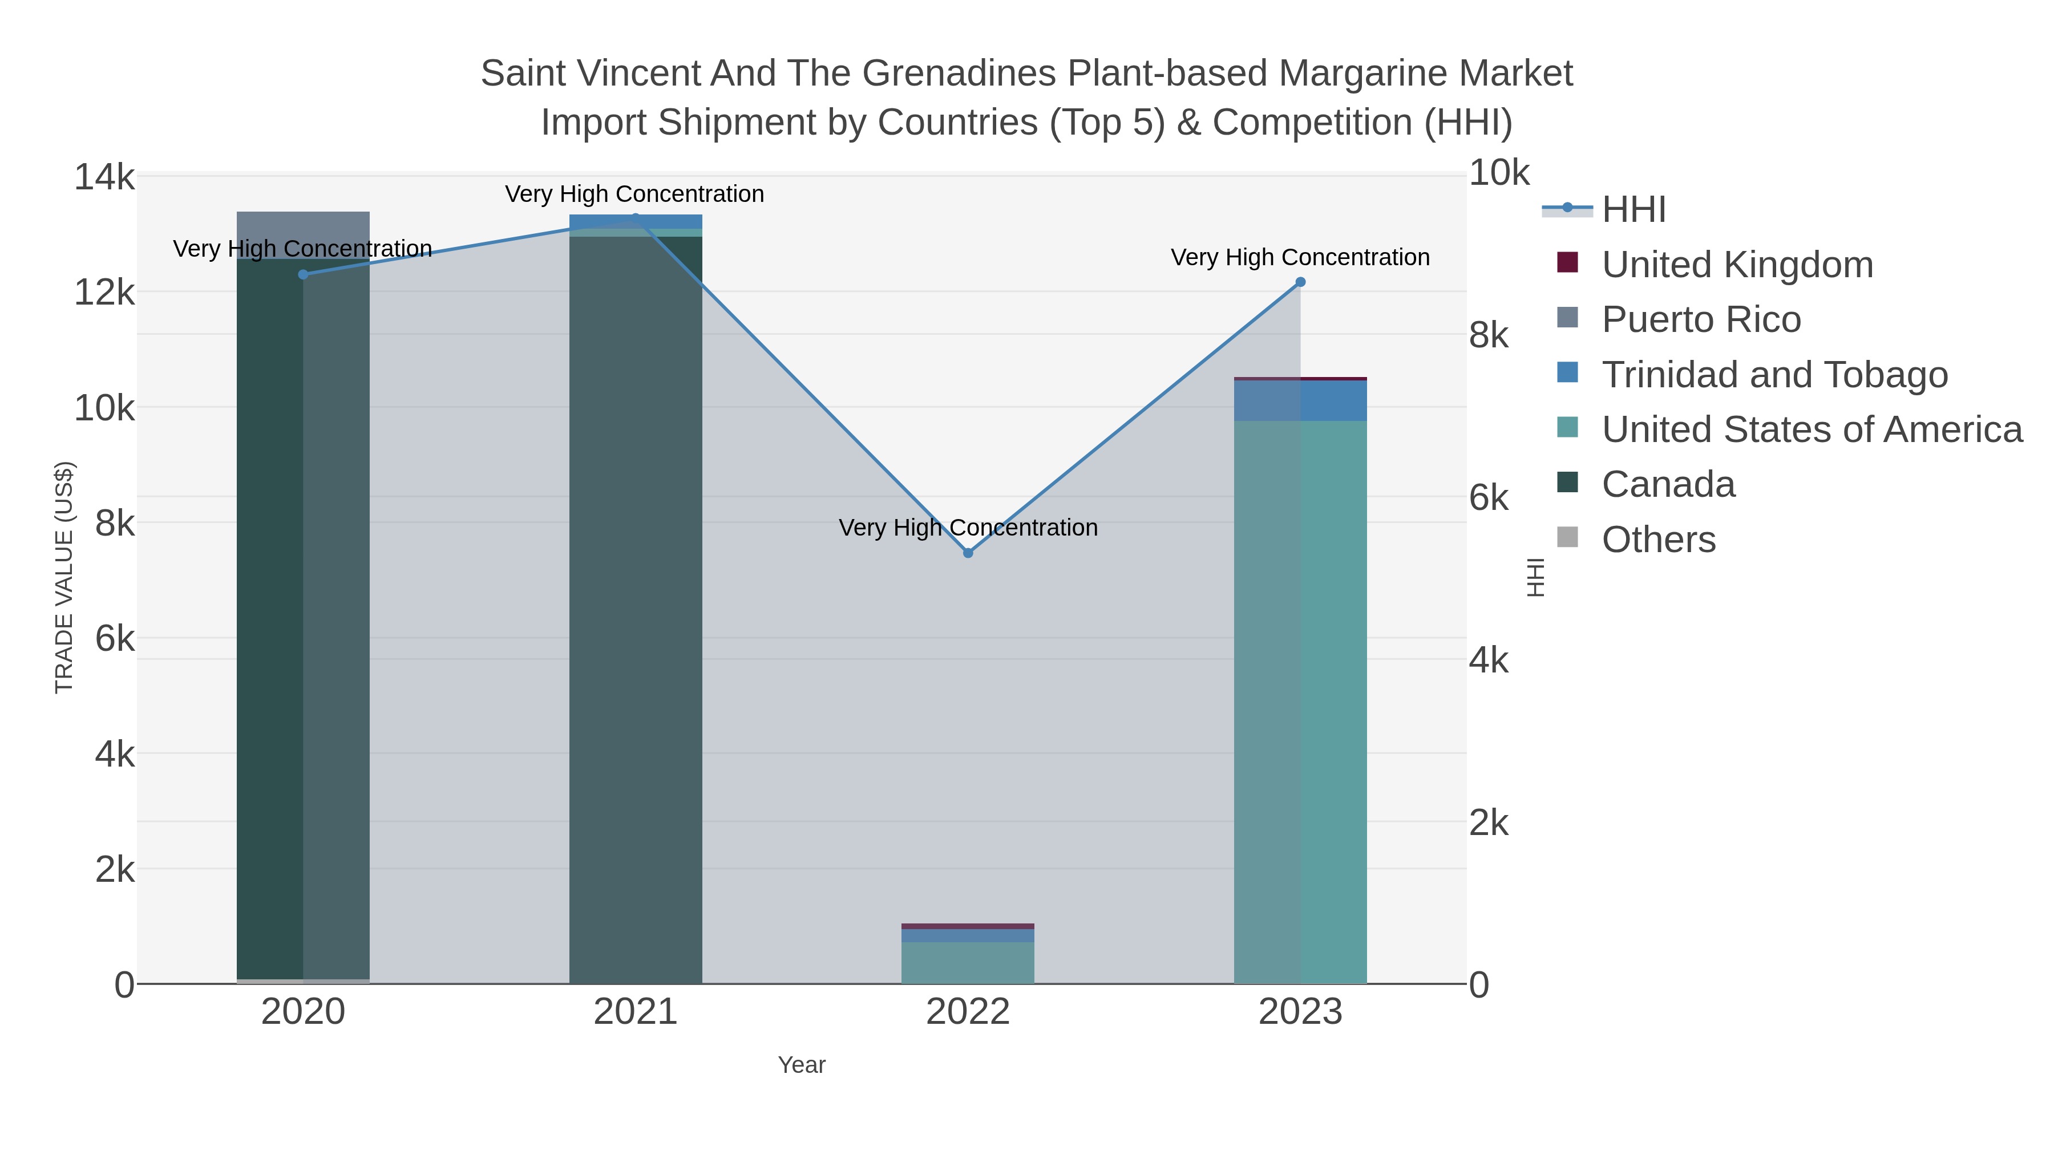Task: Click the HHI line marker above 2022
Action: [968, 552]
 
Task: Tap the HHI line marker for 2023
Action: [1300, 281]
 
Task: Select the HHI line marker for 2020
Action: [303, 274]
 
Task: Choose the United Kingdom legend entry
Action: [1737, 265]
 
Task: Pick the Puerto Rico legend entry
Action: [1701, 319]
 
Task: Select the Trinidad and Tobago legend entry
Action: [1774, 375]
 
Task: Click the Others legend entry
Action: [1657, 540]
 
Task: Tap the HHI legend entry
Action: [1633, 210]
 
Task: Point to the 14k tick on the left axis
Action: [104, 177]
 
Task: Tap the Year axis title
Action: [802, 1065]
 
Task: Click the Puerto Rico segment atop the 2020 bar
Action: [303, 234]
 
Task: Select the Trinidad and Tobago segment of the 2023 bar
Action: [1300, 400]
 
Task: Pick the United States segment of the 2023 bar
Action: [1300, 702]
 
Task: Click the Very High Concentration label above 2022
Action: [968, 528]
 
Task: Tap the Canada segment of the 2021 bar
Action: [636, 606]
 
